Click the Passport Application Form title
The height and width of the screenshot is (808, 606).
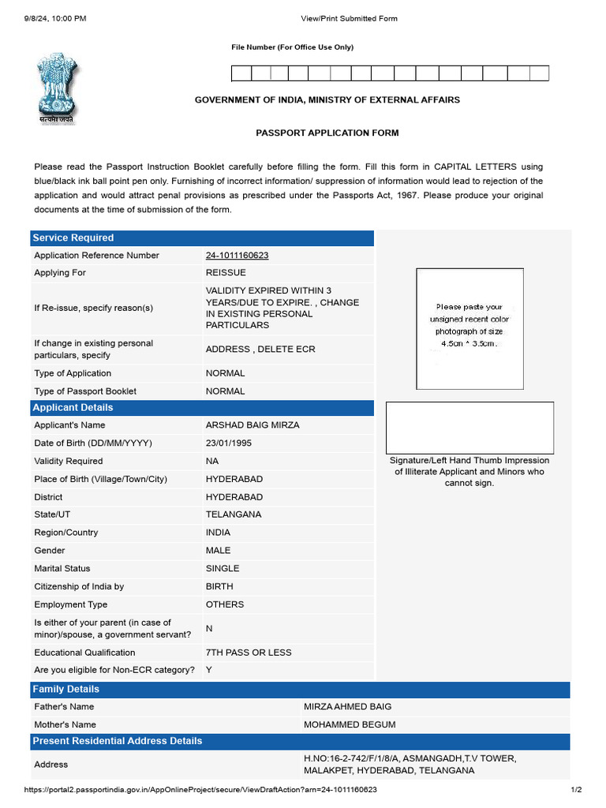click(327, 133)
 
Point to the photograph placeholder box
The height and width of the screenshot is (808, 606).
click(470, 328)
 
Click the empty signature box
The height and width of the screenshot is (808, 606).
click(469, 427)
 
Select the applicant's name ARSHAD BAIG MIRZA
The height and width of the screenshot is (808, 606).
click(252, 425)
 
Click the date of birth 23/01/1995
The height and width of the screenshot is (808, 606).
click(229, 443)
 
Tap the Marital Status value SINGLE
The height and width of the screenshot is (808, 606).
click(223, 569)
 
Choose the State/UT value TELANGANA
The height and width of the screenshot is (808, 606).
click(234, 514)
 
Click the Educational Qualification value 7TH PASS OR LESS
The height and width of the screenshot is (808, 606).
click(249, 653)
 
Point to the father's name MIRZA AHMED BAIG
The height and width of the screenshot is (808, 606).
click(347, 707)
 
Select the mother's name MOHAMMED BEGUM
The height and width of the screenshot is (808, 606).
click(350, 724)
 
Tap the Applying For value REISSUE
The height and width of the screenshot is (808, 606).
click(226, 273)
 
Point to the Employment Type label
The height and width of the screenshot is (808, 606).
click(71, 604)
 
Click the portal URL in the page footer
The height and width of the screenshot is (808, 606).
click(200, 790)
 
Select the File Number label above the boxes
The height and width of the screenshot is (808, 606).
click(292, 47)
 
